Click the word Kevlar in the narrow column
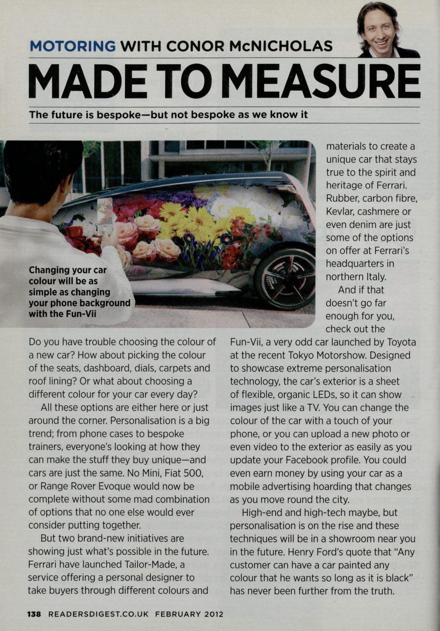(338, 212)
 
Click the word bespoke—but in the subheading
(132, 115)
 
